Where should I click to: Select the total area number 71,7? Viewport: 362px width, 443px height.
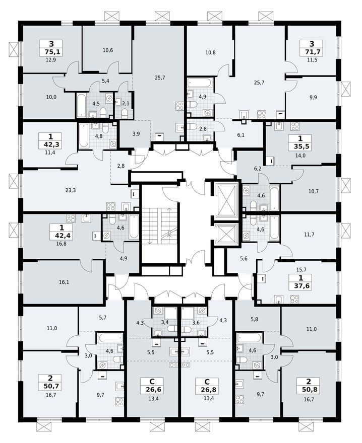(310, 52)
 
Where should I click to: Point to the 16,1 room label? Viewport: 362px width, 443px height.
(64, 282)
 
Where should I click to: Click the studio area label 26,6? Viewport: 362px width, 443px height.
(152, 388)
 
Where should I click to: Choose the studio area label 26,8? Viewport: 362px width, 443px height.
(207, 388)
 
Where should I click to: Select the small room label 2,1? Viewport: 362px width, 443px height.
(126, 103)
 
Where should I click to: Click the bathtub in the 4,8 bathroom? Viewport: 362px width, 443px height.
(84, 135)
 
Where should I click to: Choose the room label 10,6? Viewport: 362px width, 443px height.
(107, 50)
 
